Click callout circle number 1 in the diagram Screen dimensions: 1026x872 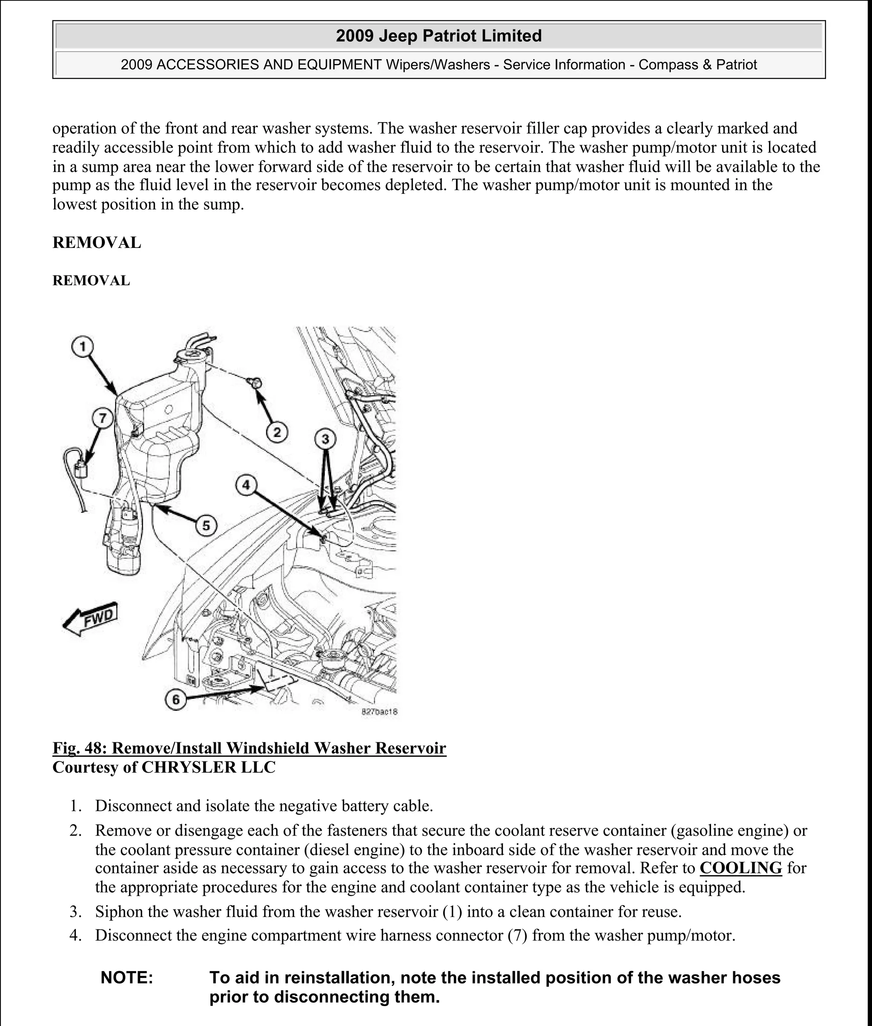[x=83, y=347]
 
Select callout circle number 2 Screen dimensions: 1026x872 [x=277, y=432]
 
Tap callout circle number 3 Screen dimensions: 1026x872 [x=325, y=439]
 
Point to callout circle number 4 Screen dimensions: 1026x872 [x=246, y=485]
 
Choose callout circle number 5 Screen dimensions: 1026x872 [x=206, y=525]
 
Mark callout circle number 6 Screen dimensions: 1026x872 [x=176, y=700]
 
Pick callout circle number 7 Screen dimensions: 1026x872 [x=102, y=418]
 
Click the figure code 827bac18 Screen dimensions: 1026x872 [x=379, y=712]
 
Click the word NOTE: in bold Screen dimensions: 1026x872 [x=126, y=977]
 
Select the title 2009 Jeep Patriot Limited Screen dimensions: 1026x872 [x=439, y=36]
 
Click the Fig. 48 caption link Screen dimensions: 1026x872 [x=249, y=748]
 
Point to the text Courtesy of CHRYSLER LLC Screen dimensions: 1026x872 [x=163, y=767]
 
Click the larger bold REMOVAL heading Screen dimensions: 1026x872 [x=97, y=243]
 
